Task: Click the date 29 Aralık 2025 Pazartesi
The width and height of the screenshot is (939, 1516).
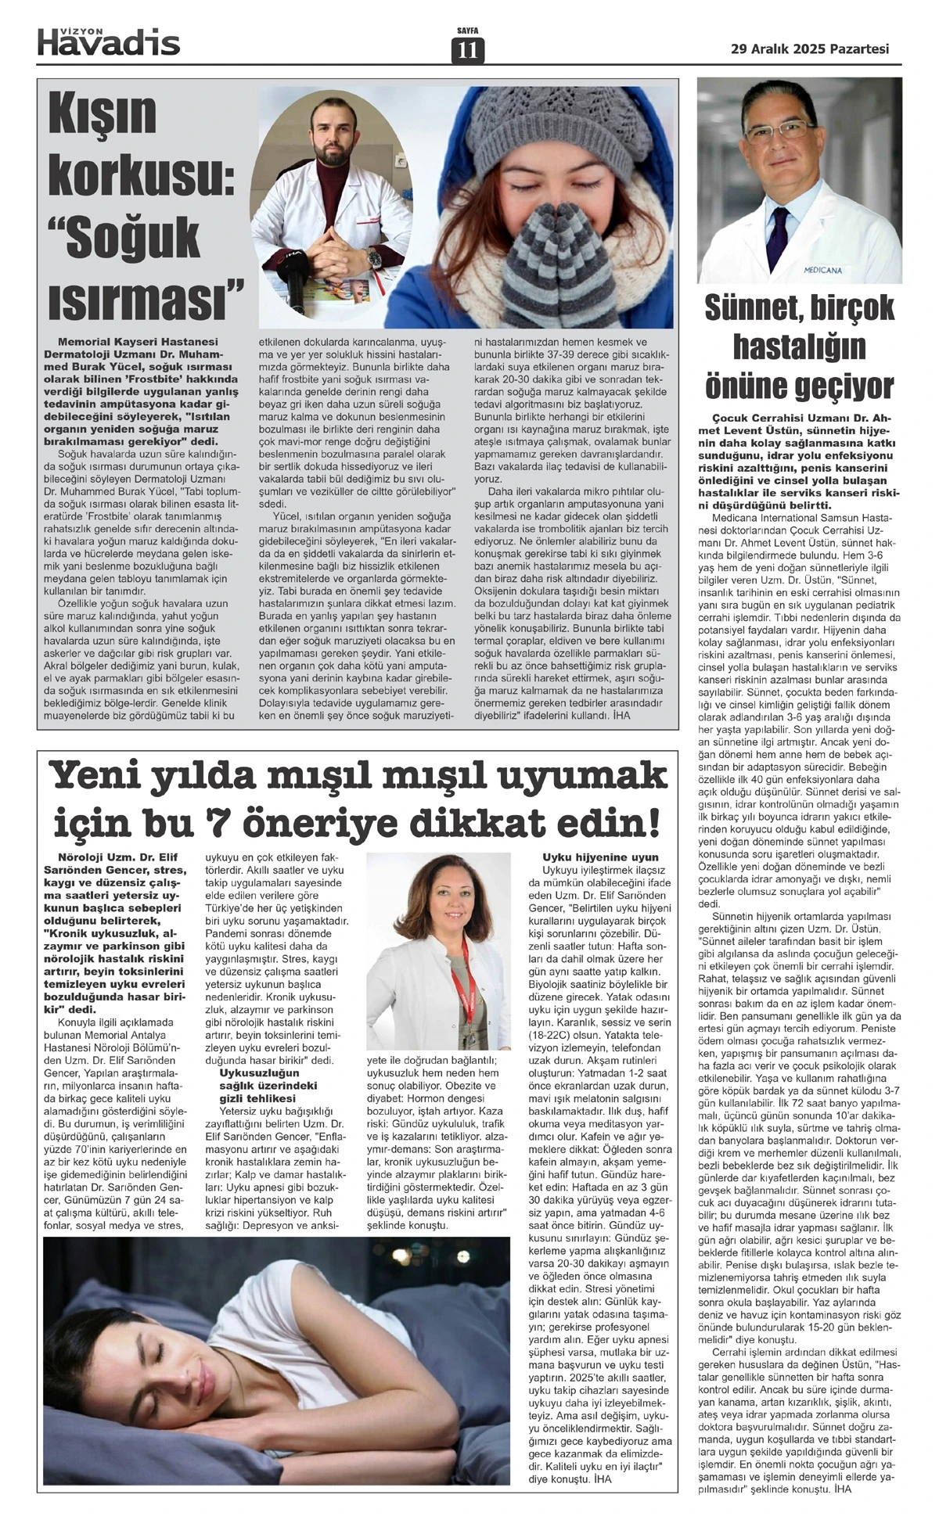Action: point(809,48)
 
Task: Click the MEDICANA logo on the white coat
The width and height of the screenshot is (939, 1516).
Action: point(822,271)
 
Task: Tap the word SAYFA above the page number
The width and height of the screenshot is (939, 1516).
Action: point(468,31)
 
